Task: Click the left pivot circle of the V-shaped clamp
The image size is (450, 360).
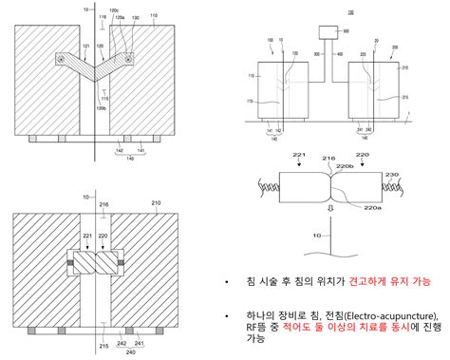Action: (62, 60)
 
